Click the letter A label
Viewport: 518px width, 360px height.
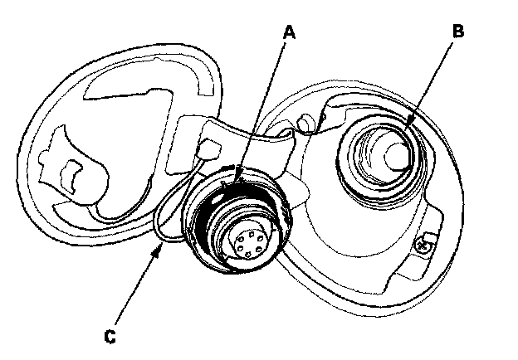(289, 32)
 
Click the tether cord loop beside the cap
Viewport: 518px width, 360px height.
(163, 217)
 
